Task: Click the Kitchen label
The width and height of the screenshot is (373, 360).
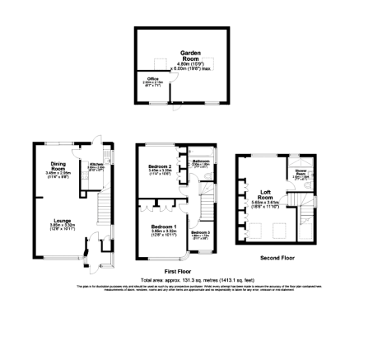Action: click(x=96, y=164)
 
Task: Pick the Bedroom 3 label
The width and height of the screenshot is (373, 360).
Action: click(x=201, y=233)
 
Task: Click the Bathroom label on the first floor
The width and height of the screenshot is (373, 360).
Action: click(x=200, y=161)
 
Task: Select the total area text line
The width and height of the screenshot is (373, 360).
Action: click(x=186, y=278)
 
